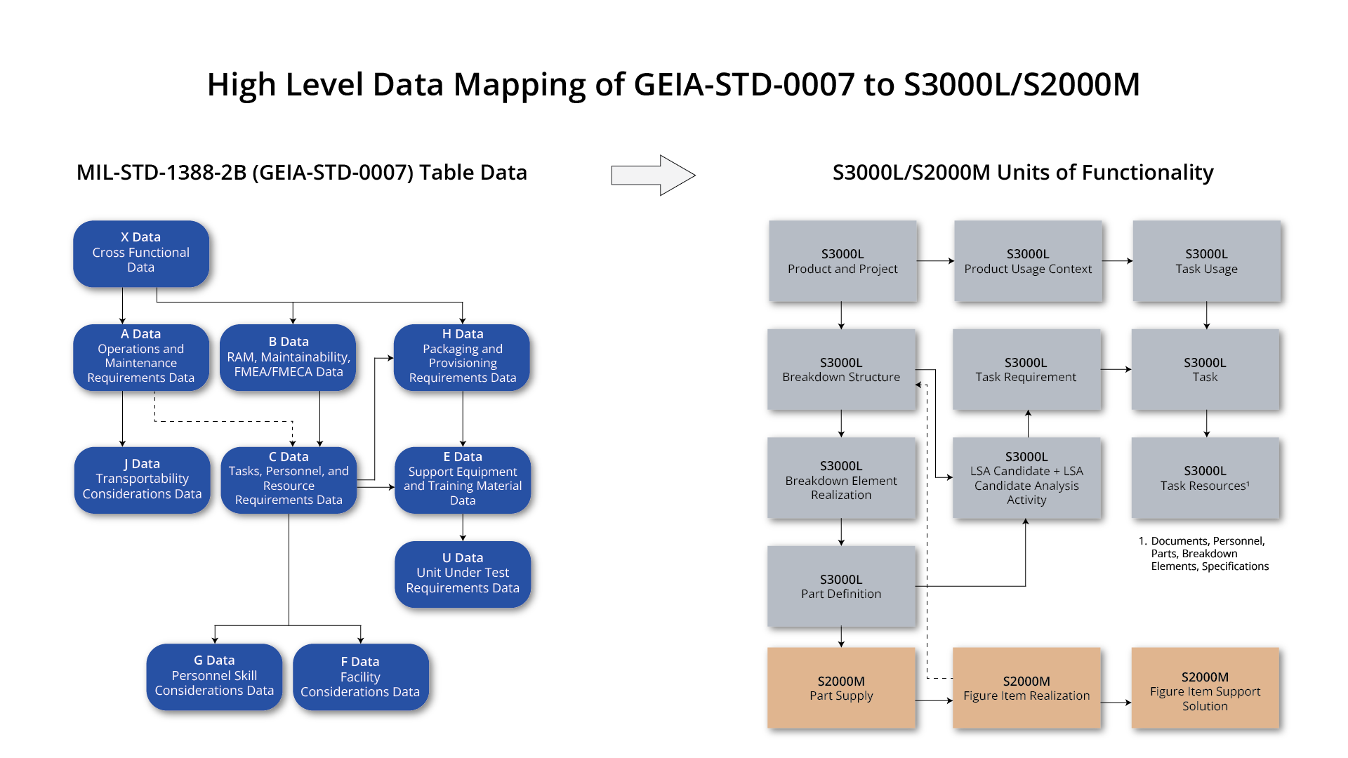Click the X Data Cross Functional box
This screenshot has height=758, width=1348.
point(141,253)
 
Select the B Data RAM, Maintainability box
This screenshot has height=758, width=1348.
point(289,357)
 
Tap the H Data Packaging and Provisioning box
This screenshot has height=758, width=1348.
point(463,357)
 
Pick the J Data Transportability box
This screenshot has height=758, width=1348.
point(142,479)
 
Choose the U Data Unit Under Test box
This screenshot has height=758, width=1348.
point(463,573)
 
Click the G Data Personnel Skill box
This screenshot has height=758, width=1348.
point(214,676)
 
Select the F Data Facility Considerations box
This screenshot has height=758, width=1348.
point(360,677)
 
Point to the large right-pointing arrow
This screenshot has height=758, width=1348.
point(653,175)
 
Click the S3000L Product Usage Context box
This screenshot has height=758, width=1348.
point(1028,261)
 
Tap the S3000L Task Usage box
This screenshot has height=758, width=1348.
point(1206,261)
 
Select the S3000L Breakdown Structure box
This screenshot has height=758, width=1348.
point(841,370)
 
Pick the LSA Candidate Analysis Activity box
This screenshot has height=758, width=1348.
point(1026,479)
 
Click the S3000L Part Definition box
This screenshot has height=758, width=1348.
point(841,587)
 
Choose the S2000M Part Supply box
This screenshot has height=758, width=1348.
point(841,689)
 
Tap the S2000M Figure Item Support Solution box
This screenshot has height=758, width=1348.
point(1205,691)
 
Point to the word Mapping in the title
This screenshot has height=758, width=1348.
point(520,86)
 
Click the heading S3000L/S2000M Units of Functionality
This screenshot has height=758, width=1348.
point(1022,173)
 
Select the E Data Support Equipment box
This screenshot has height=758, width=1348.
point(463,479)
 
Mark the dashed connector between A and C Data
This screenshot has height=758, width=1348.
point(223,422)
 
